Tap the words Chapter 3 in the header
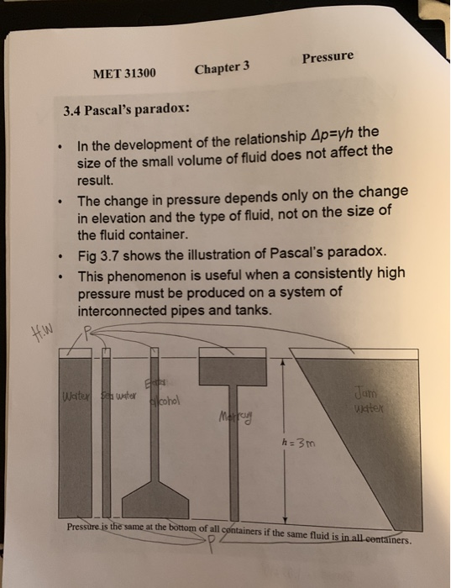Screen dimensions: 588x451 (x=223, y=68)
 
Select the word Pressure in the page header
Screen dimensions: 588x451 (x=328, y=58)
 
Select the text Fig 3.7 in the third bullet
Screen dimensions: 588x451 (x=98, y=255)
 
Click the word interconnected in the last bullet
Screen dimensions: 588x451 (x=123, y=310)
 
